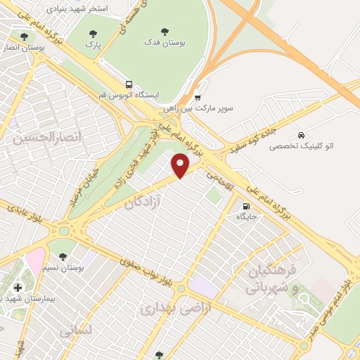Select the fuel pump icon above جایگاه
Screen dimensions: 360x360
tap(245, 206)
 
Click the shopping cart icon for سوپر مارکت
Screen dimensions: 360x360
tap(198, 98)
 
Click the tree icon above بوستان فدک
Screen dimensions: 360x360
tap(165, 31)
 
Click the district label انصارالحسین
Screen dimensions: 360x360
tap(41, 138)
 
